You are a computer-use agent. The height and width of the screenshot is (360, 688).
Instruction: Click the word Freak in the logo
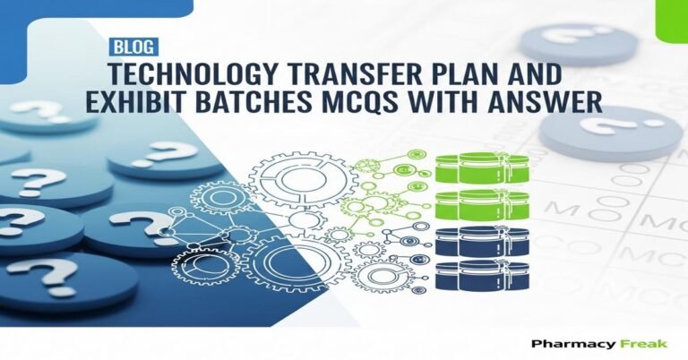634,344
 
